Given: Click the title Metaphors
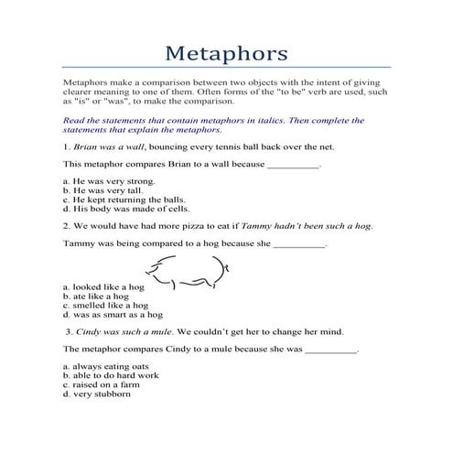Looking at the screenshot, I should coord(226,47).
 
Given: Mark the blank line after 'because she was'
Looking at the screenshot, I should coord(330,350).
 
